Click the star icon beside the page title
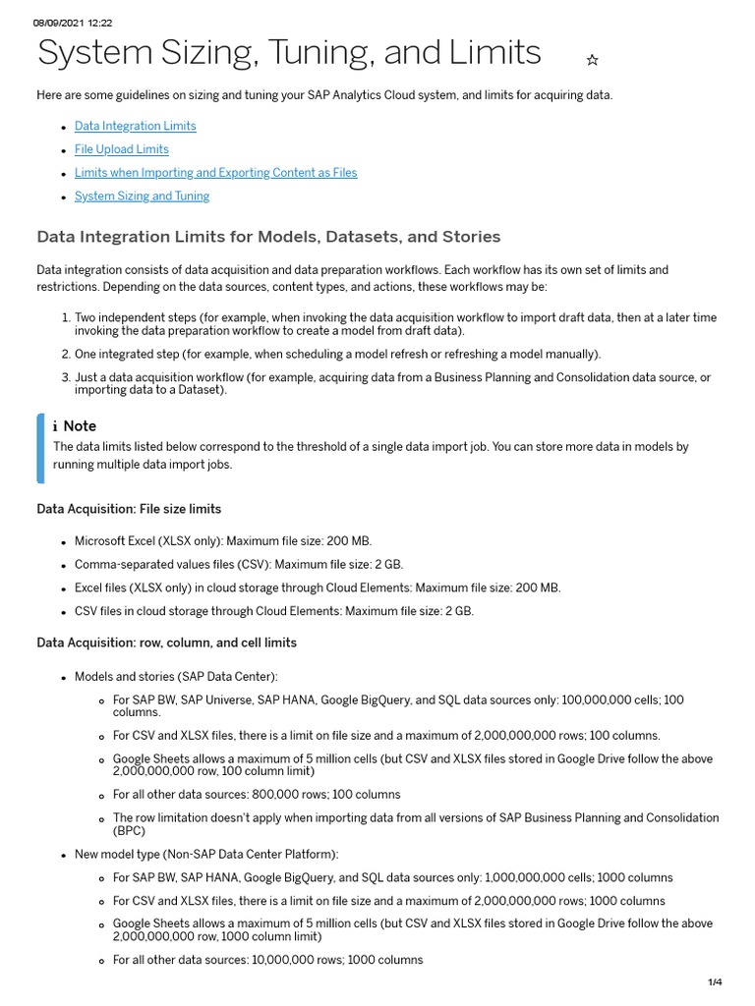click(x=592, y=60)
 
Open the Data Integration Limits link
click(x=135, y=126)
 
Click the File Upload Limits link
click(x=121, y=149)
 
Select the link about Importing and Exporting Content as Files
click(x=215, y=173)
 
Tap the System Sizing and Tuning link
click(x=142, y=196)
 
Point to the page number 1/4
click(x=715, y=982)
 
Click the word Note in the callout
click(x=80, y=426)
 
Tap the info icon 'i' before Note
click(x=56, y=426)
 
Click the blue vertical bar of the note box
click(x=40, y=448)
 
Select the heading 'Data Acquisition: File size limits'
click(x=129, y=509)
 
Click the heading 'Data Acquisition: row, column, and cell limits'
click(x=166, y=643)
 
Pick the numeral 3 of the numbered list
click(x=65, y=377)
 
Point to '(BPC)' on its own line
click(x=129, y=830)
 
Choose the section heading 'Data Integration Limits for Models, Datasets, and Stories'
click(x=268, y=237)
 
